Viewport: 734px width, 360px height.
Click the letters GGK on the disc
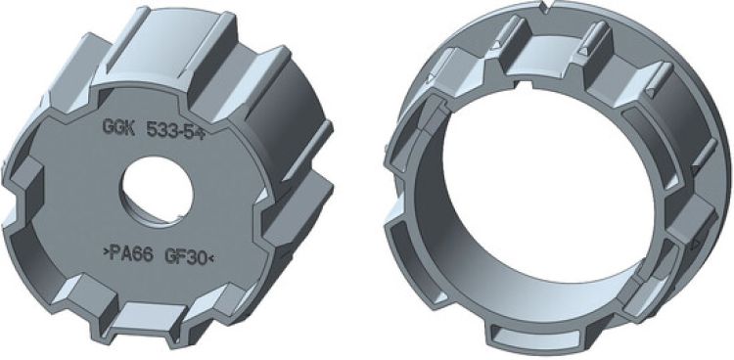(119, 127)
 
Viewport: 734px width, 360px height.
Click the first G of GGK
(107, 126)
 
